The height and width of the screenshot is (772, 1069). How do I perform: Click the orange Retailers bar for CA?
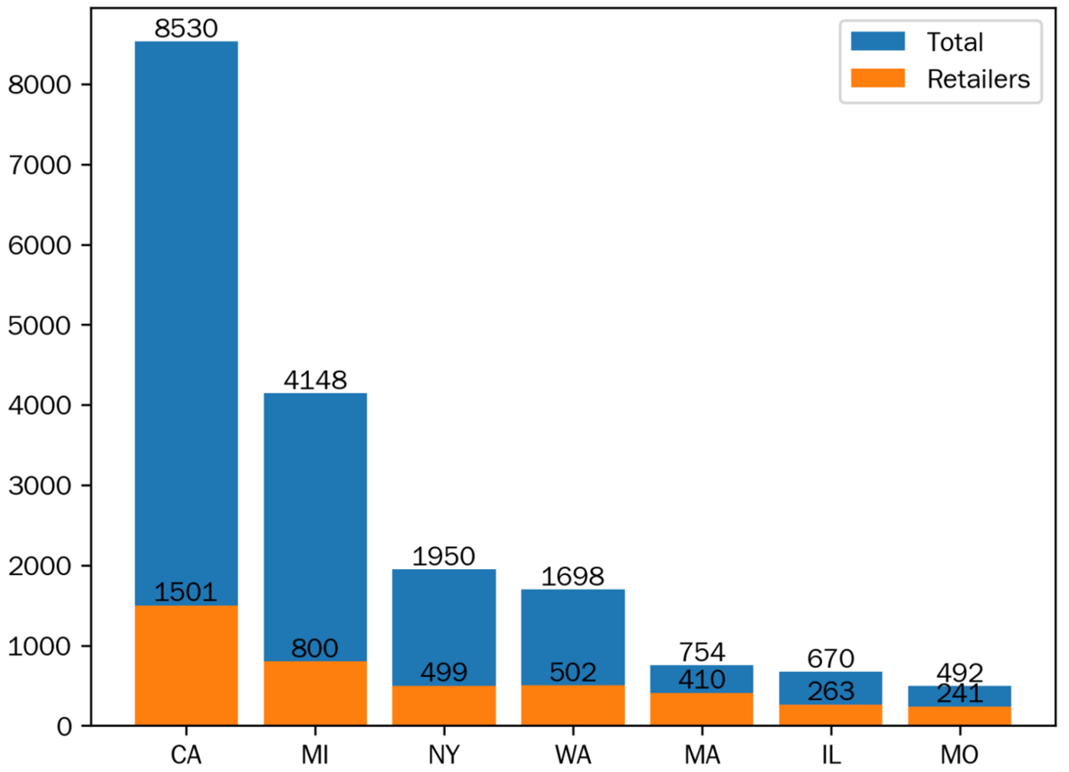(x=186, y=666)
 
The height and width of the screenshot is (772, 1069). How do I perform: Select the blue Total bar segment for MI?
(x=315, y=526)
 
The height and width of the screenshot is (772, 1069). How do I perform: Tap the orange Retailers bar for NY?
(x=444, y=706)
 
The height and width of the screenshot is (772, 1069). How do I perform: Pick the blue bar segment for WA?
(x=573, y=636)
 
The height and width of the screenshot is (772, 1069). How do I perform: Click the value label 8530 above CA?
(x=186, y=29)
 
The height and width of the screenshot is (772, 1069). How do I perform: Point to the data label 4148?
(x=315, y=380)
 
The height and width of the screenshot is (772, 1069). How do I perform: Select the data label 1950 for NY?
(x=444, y=557)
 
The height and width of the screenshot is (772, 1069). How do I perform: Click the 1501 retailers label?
(x=186, y=592)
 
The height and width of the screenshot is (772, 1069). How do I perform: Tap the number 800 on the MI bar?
(x=315, y=649)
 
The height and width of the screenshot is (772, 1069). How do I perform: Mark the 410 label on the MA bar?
(x=702, y=680)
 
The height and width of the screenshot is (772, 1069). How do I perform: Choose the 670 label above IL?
(x=830, y=658)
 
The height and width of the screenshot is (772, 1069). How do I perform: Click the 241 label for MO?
(x=959, y=694)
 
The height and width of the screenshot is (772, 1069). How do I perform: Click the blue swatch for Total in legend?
(x=877, y=42)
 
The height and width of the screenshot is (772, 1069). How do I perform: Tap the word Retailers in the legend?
(x=978, y=79)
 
